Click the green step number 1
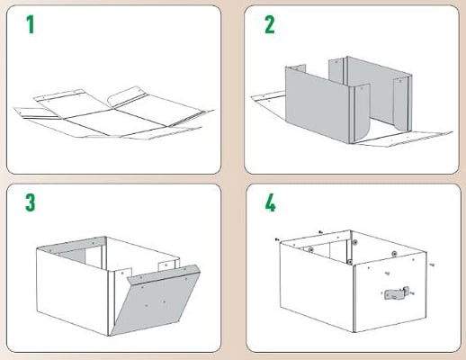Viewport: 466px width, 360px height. (x=30, y=24)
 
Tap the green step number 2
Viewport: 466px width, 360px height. (x=270, y=24)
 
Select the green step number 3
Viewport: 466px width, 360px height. (x=31, y=202)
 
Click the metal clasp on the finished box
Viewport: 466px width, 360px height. (x=397, y=293)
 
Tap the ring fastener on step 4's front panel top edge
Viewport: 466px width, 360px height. (x=394, y=254)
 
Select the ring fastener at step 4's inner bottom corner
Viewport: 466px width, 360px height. (x=350, y=262)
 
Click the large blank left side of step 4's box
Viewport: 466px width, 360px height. (x=317, y=286)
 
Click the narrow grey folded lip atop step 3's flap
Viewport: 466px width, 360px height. (x=164, y=274)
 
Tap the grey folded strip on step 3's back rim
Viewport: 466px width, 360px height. (x=72, y=245)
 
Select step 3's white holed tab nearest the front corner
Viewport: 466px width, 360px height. (x=123, y=274)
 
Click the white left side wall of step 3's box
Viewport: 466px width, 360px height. (x=72, y=291)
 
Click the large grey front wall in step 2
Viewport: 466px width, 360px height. (x=318, y=105)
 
